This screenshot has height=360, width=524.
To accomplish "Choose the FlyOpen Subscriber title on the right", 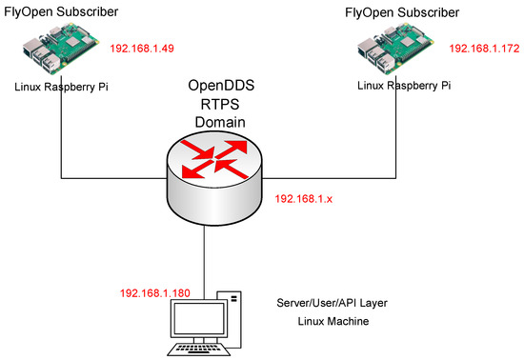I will pyautogui.click(x=403, y=12).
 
